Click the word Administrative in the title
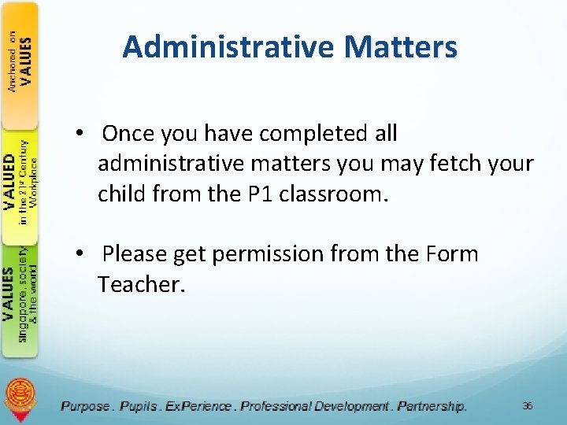pos(229,47)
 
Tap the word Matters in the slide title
pos(400,47)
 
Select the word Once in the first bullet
pos(128,134)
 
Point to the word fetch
pos(452,164)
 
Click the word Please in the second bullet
pos(136,254)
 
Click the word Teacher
pos(141,284)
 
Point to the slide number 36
pos(527,406)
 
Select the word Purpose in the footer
pos(85,406)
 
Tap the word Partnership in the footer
pos(432,406)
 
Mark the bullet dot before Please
pos(81,254)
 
